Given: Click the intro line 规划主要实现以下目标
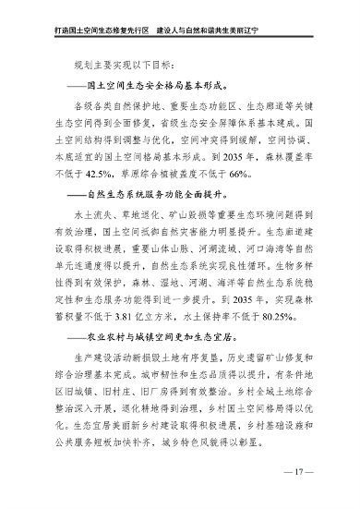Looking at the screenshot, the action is click(125, 65).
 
